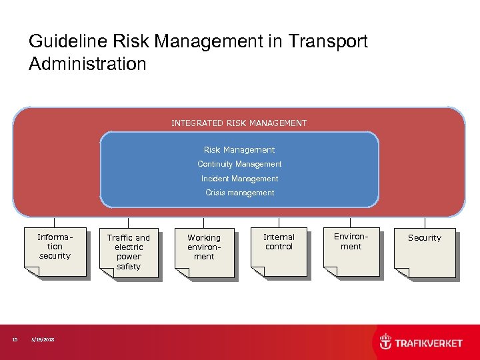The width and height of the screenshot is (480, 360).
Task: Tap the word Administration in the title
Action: coord(87,65)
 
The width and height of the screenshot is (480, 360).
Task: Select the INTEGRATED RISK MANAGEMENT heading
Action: coord(239,123)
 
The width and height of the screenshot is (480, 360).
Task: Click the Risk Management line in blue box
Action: coord(239,150)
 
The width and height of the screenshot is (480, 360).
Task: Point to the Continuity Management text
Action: coord(239,164)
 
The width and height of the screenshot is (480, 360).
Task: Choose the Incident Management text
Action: coord(239,179)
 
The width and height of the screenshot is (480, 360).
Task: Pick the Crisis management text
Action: coord(239,193)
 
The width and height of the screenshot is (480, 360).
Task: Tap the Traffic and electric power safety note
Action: coord(129,252)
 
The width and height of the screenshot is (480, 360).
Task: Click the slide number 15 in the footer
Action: coord(15,340)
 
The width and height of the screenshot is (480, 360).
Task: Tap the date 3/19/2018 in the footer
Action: coord(43,340)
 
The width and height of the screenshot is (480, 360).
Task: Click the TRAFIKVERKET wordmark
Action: coord(429,343)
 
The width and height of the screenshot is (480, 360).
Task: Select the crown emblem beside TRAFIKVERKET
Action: coord(385,342)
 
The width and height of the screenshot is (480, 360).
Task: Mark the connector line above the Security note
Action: coord(425,223)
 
